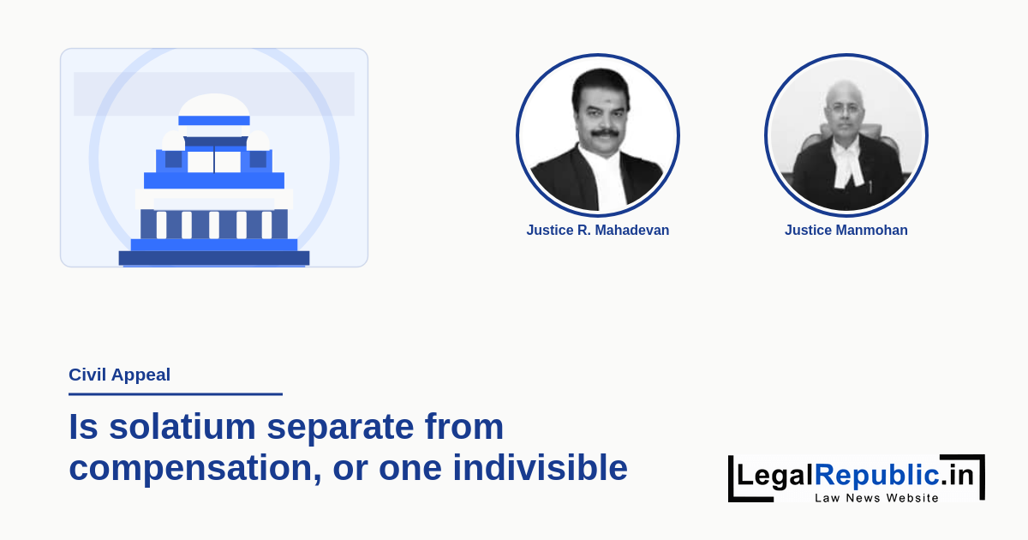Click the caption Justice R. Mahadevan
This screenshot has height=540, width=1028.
click(x=598, y=230)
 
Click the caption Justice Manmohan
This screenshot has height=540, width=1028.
click(x=846, y=230)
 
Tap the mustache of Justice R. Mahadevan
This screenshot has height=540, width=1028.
click(x=605, y=133)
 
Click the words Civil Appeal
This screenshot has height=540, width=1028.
click(x=119, y=375)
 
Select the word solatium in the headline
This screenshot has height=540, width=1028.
click(x=182, y=427)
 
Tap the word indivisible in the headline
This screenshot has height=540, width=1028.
click(x=541, y=467)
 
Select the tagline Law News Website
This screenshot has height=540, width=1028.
click(x=876, y=498)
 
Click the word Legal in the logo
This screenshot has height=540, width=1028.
click(x=775, y=476)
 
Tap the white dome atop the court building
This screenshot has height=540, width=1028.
click(x=214, y=105)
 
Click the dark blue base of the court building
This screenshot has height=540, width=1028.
click(x=214, y=258)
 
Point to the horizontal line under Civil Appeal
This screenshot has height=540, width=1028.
click(x=176, y=394)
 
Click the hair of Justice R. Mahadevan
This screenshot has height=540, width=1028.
click(x=601, y=86)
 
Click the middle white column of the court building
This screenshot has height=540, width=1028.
click(x=214, y=225)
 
